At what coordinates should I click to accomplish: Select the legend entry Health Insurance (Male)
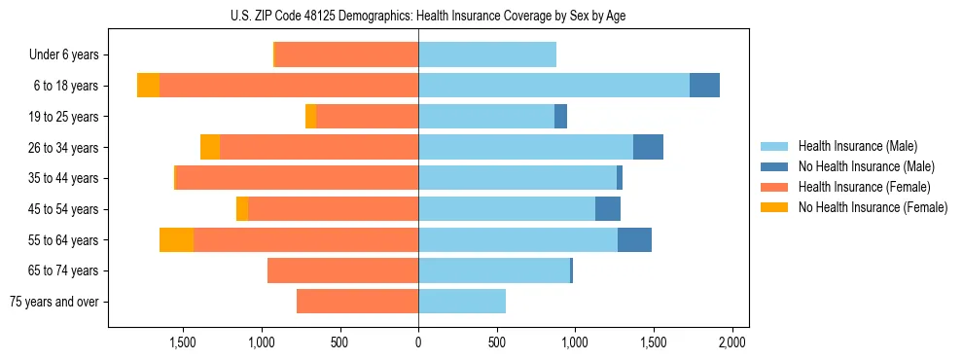(857, 146)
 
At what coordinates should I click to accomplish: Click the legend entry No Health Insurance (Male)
(866, 166)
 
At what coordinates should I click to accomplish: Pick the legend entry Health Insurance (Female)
(862, 187)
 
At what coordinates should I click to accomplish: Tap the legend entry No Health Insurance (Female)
(872, 207)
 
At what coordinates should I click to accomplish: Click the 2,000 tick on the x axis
(731, 342)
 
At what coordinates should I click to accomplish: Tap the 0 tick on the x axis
(418, 342)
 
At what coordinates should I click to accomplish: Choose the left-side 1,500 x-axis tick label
(183, 342)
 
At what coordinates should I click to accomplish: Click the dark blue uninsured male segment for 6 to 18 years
(704, 86)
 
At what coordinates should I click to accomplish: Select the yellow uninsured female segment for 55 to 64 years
(176, 240)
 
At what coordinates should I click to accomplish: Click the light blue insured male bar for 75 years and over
(462, 302)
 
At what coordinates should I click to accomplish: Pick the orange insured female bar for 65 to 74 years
(342, 270)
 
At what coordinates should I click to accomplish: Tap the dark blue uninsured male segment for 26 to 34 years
(648, 147)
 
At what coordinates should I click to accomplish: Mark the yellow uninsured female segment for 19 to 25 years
(310, 117)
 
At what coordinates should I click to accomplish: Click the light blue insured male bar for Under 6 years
(487, 55)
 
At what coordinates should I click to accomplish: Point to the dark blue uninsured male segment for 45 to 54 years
(608, 209)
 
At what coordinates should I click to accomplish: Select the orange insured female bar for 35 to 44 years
(297, 178)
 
